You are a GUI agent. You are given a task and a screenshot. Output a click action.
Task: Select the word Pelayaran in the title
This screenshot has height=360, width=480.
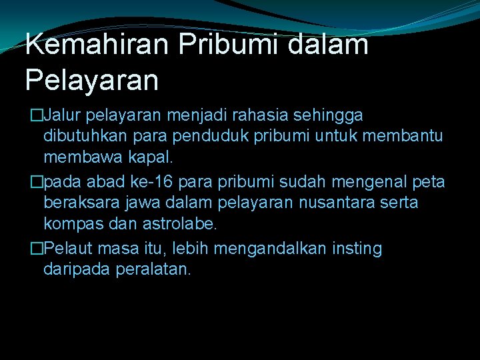pos(92,80)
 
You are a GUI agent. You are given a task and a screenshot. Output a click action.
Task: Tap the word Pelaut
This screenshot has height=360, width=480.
pos(69,249)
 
